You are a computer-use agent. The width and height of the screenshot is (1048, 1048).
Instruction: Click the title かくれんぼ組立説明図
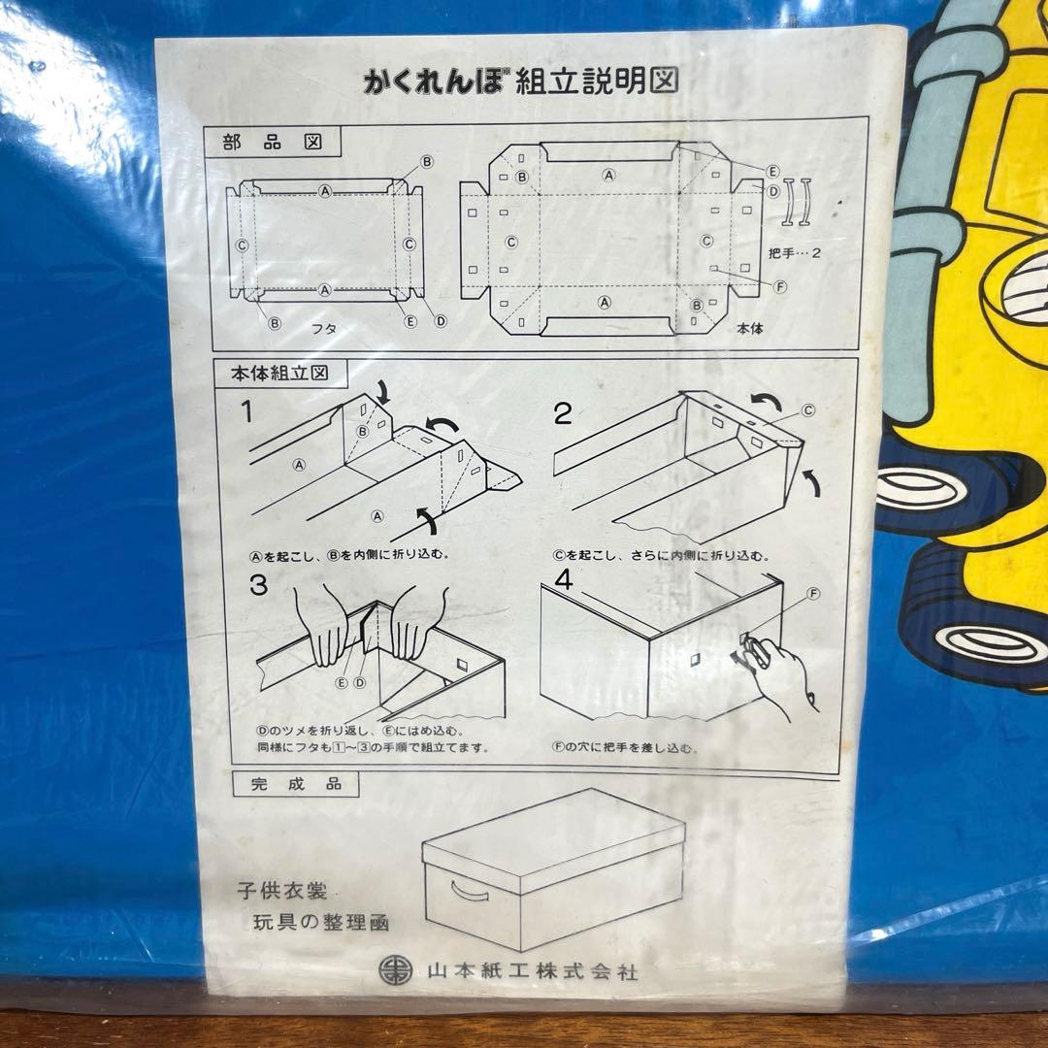(x=521, y=82)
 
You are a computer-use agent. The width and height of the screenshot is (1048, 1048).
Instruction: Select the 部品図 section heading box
(x=272, y=142)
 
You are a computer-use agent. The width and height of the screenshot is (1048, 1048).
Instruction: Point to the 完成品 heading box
(x=296, y=784)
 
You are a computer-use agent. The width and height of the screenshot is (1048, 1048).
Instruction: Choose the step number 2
(x=562, y=414)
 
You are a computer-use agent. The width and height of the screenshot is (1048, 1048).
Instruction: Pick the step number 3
(x=258, y=585)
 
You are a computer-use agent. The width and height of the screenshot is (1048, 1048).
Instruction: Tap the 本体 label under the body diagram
(x=749, y=328)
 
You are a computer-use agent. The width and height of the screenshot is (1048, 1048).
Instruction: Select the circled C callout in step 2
(x=808, y=410)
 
